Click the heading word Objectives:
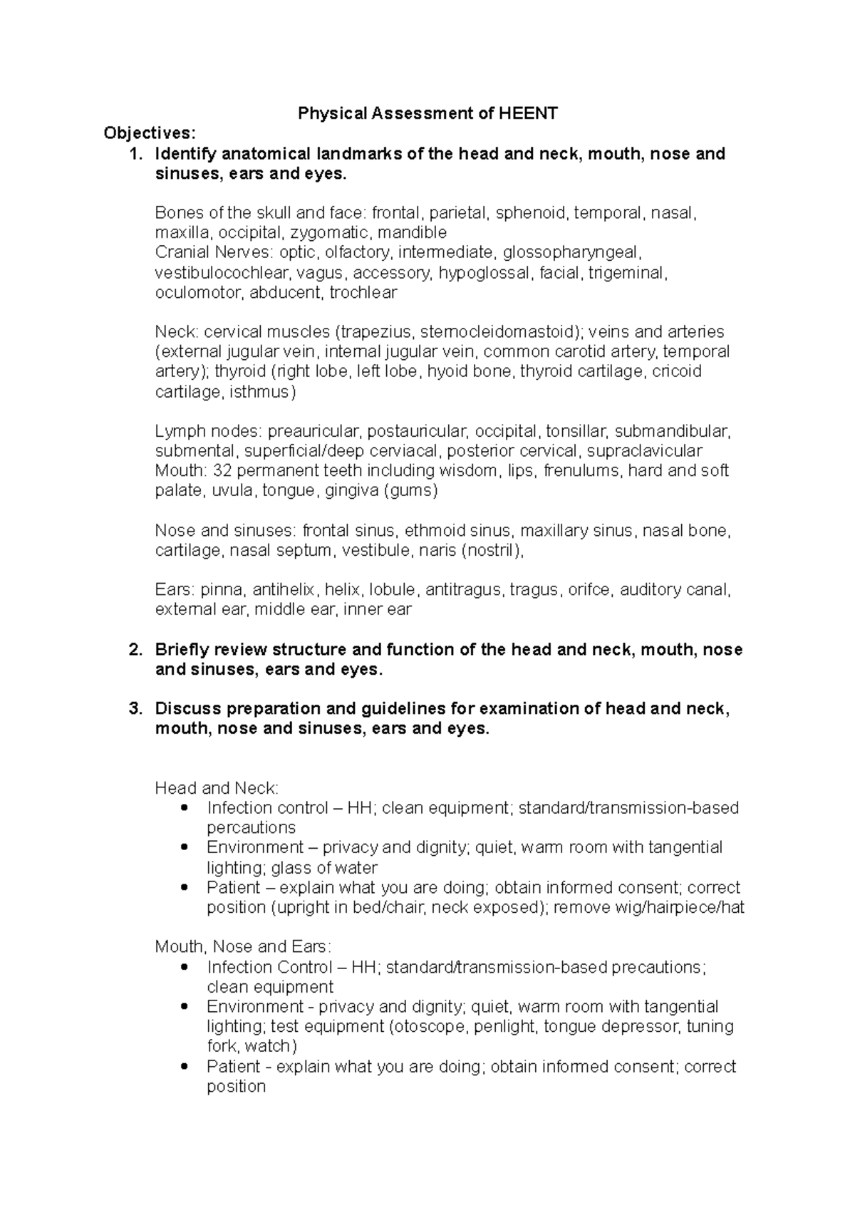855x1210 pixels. tap(148, 133)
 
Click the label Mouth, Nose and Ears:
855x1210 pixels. tap(243, 947)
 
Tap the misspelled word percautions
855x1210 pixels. tap(251, 828)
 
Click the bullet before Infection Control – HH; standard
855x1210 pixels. tap(185, 967)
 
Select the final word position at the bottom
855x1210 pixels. tap(236, 1087)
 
